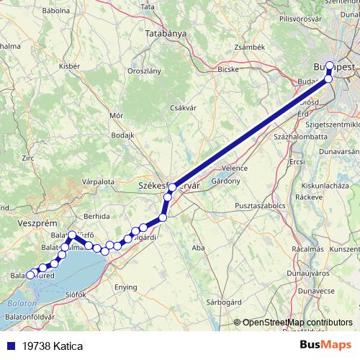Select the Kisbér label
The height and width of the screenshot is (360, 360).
(69, 66)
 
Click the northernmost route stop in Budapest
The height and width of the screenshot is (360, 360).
(330, 66)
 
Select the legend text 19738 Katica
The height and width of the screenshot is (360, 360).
(52, 346)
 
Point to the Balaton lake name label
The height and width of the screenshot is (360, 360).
(21, 305)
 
